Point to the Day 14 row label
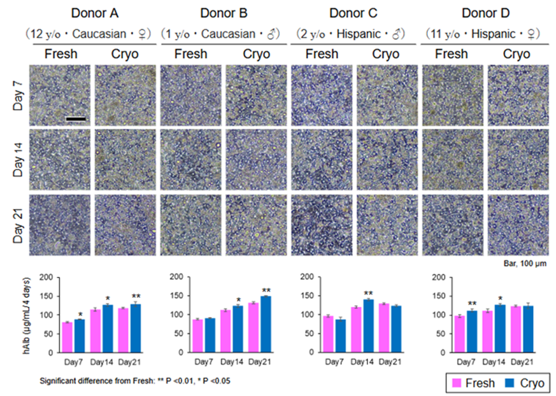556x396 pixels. pos(18,159)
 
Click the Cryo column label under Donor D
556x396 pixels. pos(517,53)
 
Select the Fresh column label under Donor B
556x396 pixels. pos(191,53)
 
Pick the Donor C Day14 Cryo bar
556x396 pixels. pos(368,326)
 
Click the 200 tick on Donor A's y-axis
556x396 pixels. pos(46,278)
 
